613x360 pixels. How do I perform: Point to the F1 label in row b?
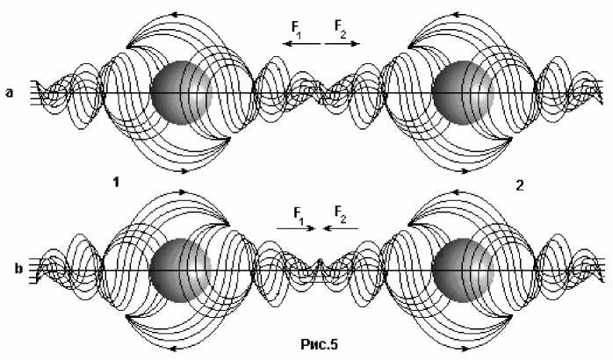pyautogui.click(x=299, y=213)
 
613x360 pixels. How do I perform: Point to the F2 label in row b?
pyautogui.click(x=340, y=213)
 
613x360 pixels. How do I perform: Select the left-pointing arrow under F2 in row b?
pyautogui.click(x=341, y=228)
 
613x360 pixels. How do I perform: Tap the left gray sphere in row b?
pyautogui.click(x=180, y=269)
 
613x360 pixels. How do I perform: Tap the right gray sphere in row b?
pyautogui.click(x=463, y=269)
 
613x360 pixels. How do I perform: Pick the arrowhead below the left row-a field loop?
pyautogui.click(x=184, y=171)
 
